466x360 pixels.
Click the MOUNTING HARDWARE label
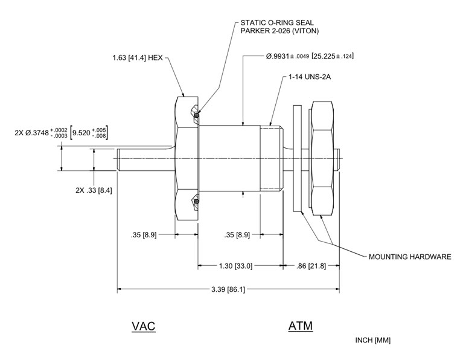click(410, 257)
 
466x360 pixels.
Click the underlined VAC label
click(144, 327)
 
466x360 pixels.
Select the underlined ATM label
click(300, 327)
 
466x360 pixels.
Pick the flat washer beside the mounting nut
click(297, 158)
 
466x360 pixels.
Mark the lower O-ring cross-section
click(195, 201)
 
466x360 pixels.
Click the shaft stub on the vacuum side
click(145, 159)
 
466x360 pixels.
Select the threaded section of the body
click(271, 159)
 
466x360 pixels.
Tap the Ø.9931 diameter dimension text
click(287, 56)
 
